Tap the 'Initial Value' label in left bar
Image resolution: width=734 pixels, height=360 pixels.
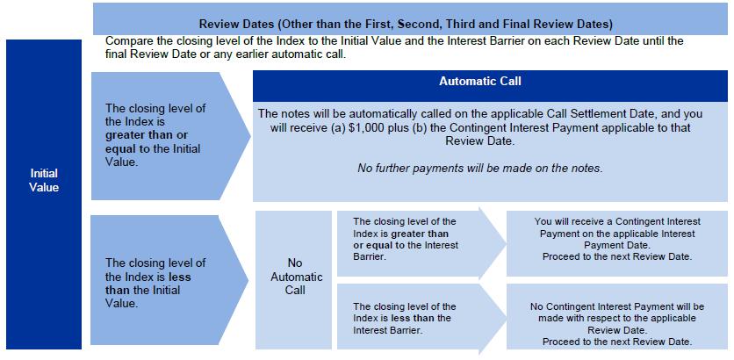coord(43,180)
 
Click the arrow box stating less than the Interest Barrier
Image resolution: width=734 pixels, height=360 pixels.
coord(413,318)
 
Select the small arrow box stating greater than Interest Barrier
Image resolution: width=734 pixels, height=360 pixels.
coord(413,239)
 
